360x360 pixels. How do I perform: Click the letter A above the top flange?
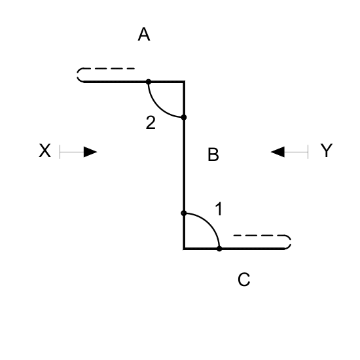click(144, 34)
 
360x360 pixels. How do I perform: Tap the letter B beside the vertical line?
click(213, 154)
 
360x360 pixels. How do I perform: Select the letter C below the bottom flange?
click(244, 279)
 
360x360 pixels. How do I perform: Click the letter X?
click(45, 151)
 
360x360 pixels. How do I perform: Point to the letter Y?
click(326, 151)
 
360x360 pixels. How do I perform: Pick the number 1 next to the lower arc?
click(219, 209)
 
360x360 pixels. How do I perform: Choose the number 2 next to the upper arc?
click(151, 122)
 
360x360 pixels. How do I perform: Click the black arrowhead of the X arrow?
click(90, 152)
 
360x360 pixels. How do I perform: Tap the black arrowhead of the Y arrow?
click(278, 152)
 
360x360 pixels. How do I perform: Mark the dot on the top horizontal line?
click(149, 82)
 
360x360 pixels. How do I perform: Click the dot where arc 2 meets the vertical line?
click(184, 117)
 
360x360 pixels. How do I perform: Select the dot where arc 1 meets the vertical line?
click(184, 213)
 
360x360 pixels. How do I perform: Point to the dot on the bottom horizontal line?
click(219, 249)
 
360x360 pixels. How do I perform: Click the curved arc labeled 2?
click(159, 107)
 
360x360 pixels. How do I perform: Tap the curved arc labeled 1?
click(209, 223)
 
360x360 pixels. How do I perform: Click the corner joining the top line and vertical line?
click(184, 82)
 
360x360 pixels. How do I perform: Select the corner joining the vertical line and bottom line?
click(184, 249)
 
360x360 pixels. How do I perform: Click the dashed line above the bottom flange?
click(262, 236)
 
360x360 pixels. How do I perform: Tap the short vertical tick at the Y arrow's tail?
click(308, 152)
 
